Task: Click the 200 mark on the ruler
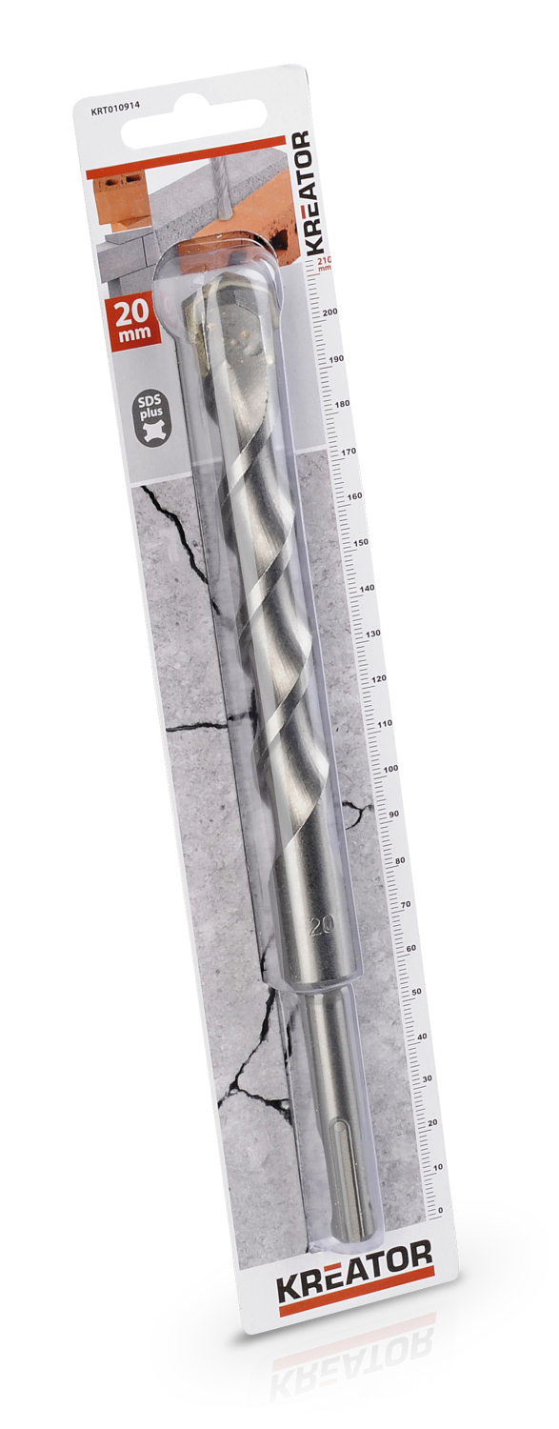329,312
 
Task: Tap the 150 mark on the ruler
362,542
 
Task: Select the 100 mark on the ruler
390,768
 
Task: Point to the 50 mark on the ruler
417,992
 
